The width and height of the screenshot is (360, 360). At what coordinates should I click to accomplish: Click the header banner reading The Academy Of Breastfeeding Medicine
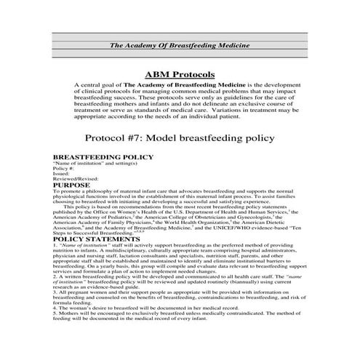click(x=180, y=45)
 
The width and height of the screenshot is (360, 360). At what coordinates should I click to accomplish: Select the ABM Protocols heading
click(x=180, y=74)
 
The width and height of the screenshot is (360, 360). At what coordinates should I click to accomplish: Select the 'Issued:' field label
click(x=62, y=174)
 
